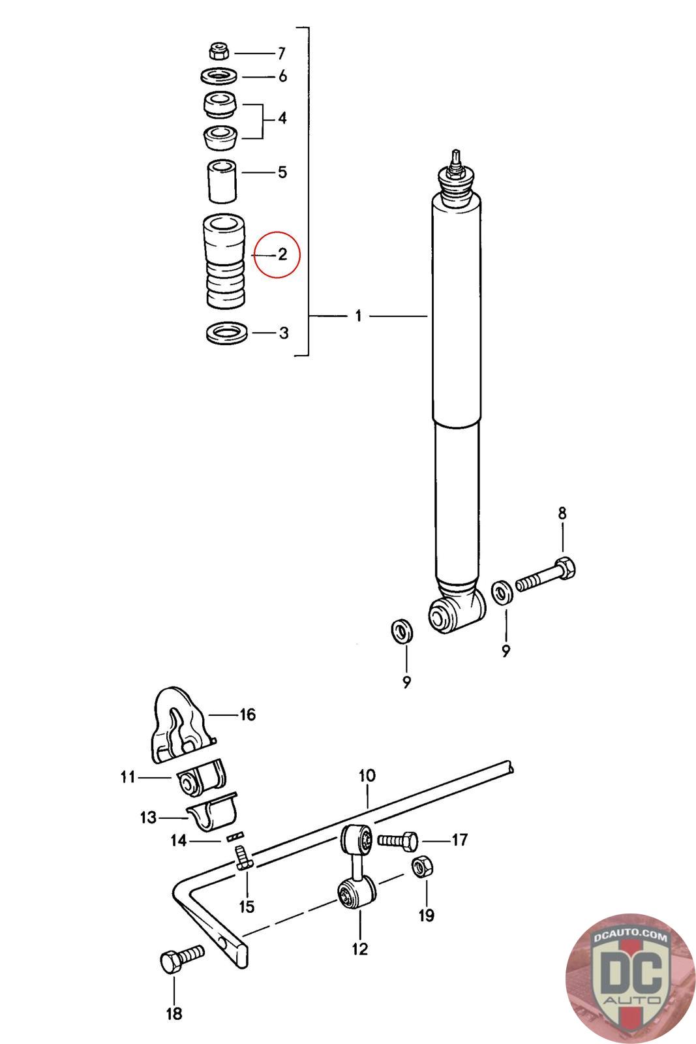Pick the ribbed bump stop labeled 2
tap(224, 262)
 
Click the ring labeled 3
tap(226, 334)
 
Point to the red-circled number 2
tap(282, 254)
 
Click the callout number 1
tap(358, 316)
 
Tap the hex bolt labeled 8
tap(547, 574)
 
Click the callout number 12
tap(359, 948)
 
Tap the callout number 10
tap(367, 776)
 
